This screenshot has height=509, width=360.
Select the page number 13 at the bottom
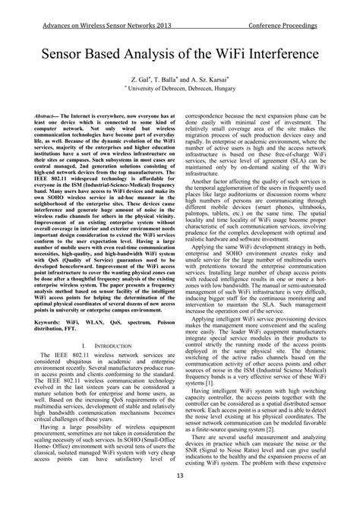point(179,497)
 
